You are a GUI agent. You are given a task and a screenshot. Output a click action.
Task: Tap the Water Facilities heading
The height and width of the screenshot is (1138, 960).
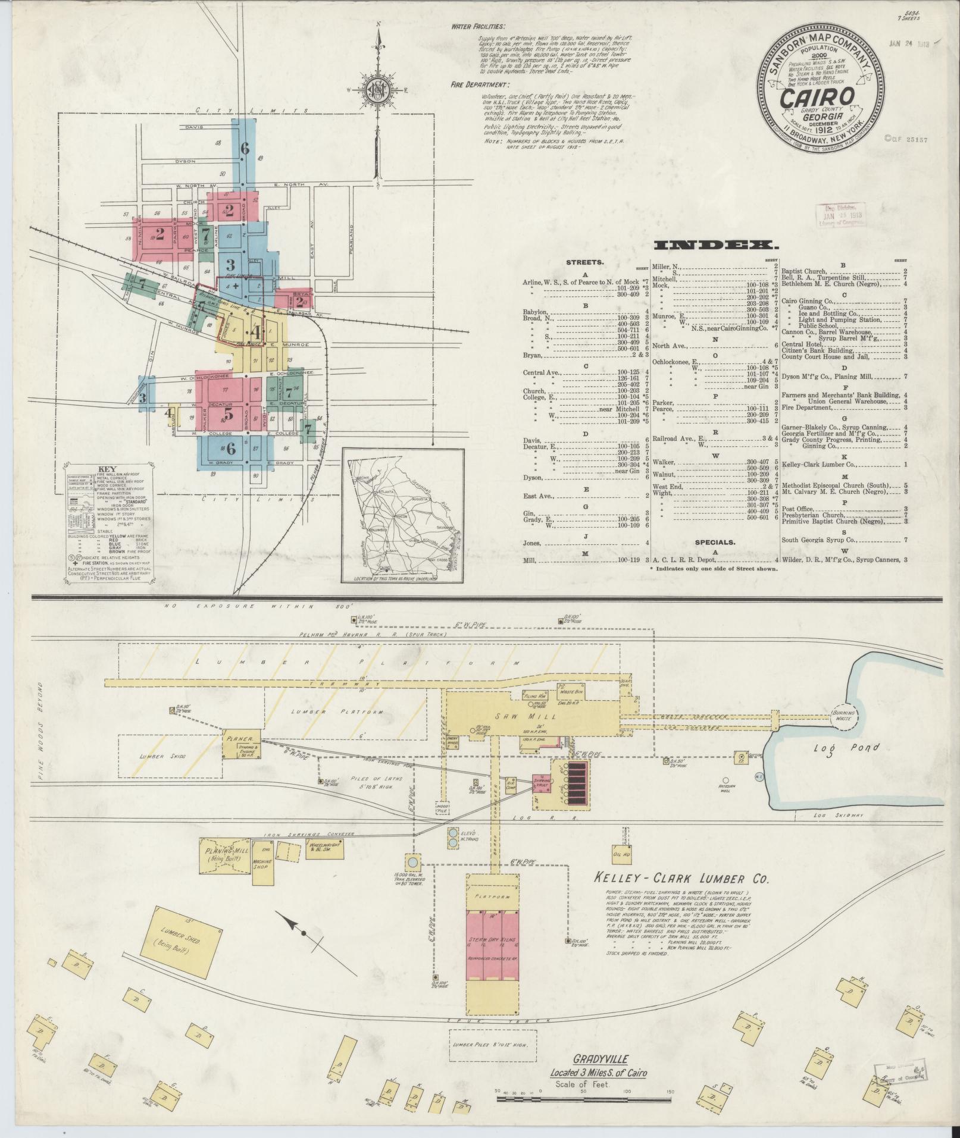(478, 27)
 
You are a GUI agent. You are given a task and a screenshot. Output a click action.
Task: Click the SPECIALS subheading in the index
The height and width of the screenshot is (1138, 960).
(714, 542)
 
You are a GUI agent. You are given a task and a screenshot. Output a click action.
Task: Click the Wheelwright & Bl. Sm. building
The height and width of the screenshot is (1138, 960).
(320, 849)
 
